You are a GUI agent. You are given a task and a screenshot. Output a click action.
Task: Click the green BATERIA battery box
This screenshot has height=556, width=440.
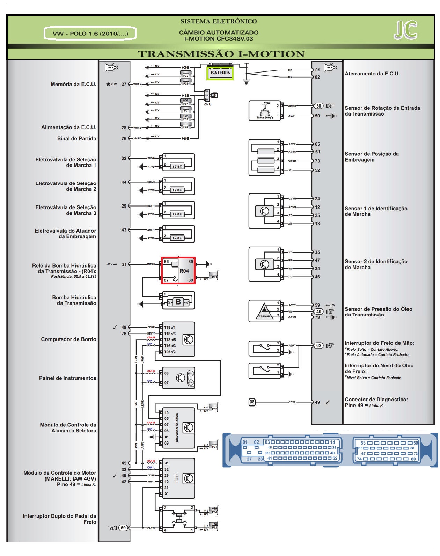click(x=220, y=73)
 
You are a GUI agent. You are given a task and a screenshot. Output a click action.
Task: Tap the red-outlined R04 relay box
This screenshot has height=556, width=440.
click(x=178, y=271)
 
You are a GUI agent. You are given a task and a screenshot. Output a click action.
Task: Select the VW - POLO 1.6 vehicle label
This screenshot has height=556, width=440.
click(x=90, y=34)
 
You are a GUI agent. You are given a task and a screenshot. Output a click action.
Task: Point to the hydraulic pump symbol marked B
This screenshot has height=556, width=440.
click(x=178, y=302)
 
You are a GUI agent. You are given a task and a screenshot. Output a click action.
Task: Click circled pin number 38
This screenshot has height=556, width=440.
click(x=318, y=106)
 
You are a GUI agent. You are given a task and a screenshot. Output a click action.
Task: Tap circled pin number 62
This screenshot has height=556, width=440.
click(x=318, y=345)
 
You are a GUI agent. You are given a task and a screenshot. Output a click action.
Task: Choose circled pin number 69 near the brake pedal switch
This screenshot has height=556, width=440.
click(x=123, y=528)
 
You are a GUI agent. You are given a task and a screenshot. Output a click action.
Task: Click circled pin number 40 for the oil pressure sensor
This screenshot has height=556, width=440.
click(x=318, y=312)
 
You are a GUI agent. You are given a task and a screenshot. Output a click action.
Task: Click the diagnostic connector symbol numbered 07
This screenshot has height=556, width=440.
click(x=252, y=402)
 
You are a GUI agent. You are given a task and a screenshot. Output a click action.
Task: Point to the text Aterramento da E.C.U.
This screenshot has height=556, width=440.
click(x=372, y=74)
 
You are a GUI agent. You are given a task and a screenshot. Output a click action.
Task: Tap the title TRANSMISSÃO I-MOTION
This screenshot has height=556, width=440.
click(x=221, y=54)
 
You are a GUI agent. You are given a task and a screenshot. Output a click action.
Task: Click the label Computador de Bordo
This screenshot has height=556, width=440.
click(x=68, y=339)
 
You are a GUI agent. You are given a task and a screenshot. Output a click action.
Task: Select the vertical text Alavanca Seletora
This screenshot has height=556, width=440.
click(x=177, y=428)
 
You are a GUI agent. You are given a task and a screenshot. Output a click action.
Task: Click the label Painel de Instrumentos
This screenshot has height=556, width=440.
click(x=67, y=378)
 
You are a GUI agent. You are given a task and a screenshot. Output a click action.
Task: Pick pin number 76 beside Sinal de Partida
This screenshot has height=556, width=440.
click(x=124, y=138)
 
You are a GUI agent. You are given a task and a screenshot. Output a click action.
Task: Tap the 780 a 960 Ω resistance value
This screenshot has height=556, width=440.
click(x=265, y=118)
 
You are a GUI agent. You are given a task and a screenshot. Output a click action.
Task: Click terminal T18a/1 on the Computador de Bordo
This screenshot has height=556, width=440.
click(x=170, y=328)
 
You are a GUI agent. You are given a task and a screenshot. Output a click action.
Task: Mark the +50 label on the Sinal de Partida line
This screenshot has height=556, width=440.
click(x=185, y=138)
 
